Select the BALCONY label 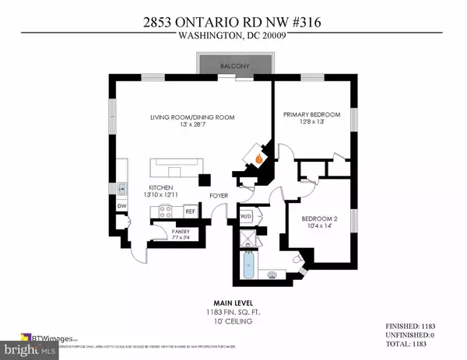click(233, 66)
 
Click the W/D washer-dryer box click(246, 216)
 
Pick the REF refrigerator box click(189, 211)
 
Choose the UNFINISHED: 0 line click(411, 334)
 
